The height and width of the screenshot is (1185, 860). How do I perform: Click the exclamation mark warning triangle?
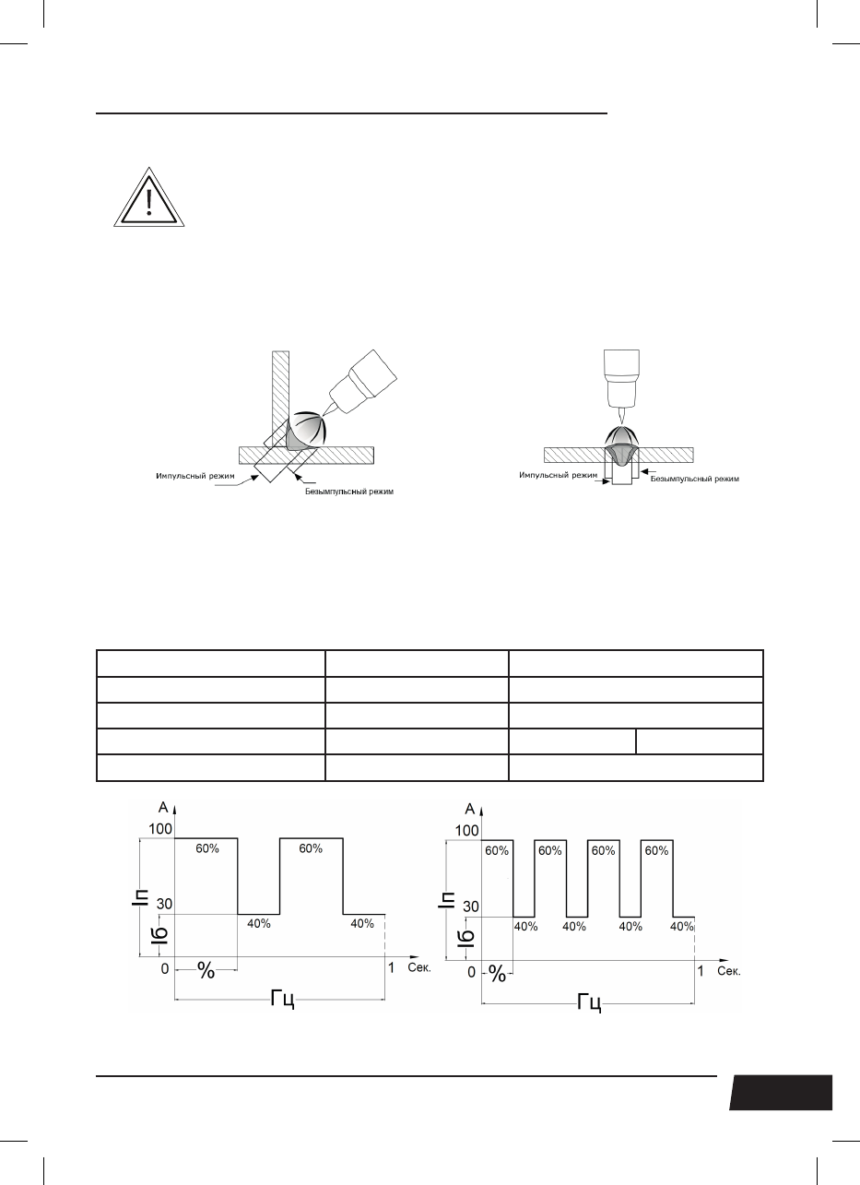point(149,198)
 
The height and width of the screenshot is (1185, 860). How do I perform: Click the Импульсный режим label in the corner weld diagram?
point(195,476)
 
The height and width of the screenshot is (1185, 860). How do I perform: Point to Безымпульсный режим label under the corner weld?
point(349,492)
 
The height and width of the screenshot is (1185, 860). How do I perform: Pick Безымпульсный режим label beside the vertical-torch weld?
point(694,479)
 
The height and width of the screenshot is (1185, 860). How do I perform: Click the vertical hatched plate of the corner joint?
point(281,399)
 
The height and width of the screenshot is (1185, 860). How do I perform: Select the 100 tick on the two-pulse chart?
point(159,829)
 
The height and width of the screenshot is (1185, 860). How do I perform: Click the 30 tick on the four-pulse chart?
point(471,907)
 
